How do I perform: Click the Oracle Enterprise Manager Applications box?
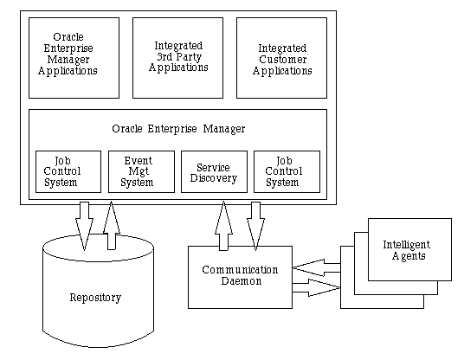74,58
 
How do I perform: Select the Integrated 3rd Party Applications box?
177,58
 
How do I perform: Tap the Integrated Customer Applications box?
281,58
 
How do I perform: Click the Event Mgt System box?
141,172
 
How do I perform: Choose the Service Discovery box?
214,172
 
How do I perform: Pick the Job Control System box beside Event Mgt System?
68,172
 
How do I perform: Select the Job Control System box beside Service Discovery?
287,172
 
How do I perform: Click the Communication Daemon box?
241,277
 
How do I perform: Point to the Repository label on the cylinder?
95,298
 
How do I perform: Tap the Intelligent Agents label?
407,250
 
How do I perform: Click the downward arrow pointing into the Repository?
84,226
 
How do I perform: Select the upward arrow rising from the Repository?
112,225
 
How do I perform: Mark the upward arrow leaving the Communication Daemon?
223,226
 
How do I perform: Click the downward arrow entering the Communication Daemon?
255,226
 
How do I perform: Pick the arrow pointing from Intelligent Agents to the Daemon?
317,267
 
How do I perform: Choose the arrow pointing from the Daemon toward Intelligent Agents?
317,287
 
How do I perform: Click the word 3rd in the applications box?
164,56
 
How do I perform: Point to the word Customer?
283,60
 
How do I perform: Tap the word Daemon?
242,281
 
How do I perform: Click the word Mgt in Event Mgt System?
139,171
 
